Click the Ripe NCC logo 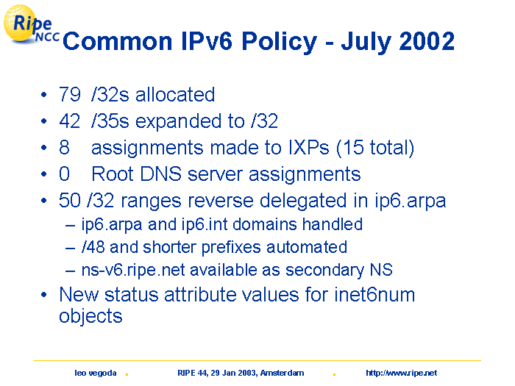pyautogui.click(x=31, y=24)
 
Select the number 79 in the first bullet pyautogui.click(x=70, y=95)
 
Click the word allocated pyautogui.click(x=175, y=95)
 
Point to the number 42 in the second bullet pyautogui.click(x=70, y=121)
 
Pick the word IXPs pyautogui.click(x=308, y=147)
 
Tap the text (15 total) pyautogui.click(x=375, y=148)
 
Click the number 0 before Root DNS pyautogui.click(x=65, y=174)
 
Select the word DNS pyautogui.click(x=160, y=174)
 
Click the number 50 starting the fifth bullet pyautogui.click(x=70, y=200)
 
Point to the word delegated pyautogui.click(x=303, y=201)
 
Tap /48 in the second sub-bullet pyautogui.click(x=93, y=247)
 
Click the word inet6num pyautogui.click(x=374, y=294)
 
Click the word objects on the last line pyautogui.click(x=90, y=316)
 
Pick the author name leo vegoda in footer pyautogui.click(x=95, y=373)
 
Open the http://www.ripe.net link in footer pyautogui.click(x=402, y=373)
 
